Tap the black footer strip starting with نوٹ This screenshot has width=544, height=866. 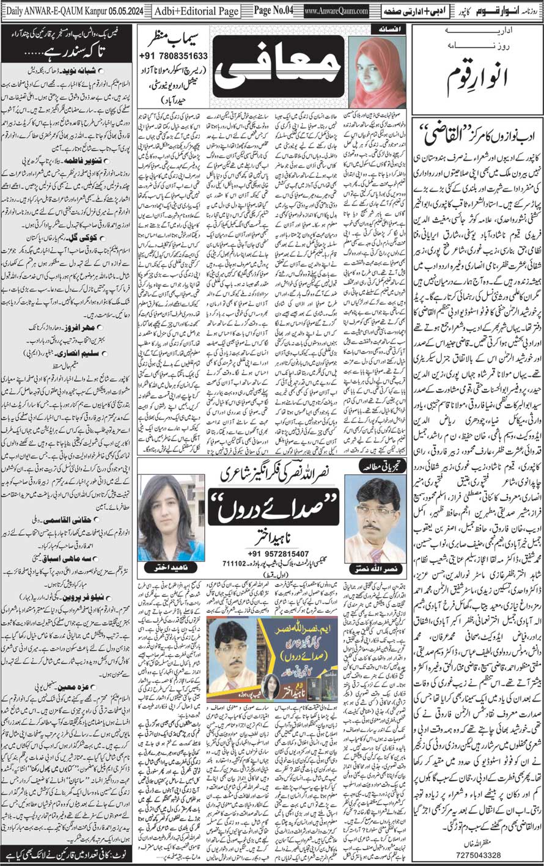pyautogui.click(x=67, y=853)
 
